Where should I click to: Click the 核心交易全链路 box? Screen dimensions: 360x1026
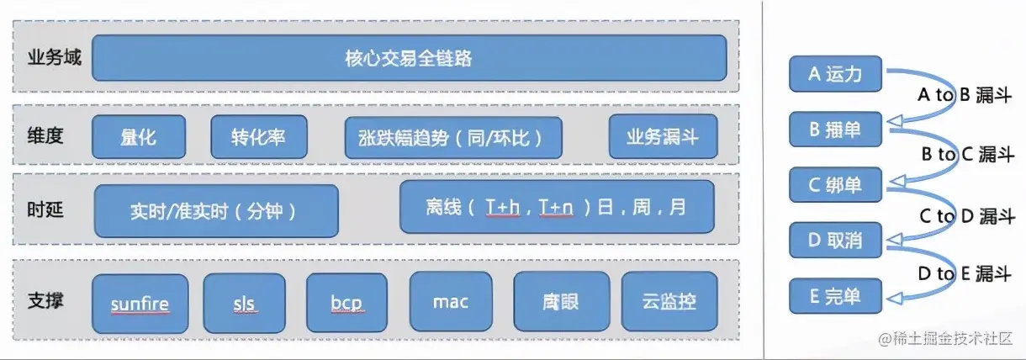point(409,58)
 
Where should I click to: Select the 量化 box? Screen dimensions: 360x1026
point(138,136)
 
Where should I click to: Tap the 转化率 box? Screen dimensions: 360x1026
point(258,136)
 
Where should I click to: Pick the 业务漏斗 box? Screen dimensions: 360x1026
point(663,136)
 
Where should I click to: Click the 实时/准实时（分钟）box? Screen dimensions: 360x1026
point(216,210)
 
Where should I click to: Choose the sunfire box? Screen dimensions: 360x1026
point(140,302)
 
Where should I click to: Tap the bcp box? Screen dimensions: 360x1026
point(347,302)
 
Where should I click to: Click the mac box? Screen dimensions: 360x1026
point(451,301)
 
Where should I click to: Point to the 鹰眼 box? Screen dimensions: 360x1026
point(555,301)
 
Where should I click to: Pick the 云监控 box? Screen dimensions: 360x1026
point(670,301)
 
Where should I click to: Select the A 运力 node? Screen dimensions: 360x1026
point(835,74)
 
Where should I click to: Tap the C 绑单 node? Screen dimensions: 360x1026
point(835,185)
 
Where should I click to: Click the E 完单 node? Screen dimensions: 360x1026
point(835,296)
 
